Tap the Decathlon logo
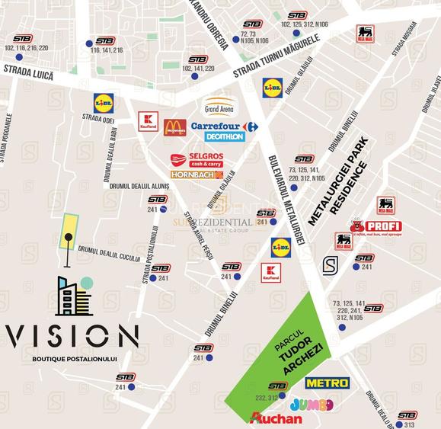225,137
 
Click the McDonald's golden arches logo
174,127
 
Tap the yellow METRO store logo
327,383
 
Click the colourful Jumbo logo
312,404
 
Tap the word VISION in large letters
72,335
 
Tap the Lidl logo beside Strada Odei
103,101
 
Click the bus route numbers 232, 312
267,397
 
